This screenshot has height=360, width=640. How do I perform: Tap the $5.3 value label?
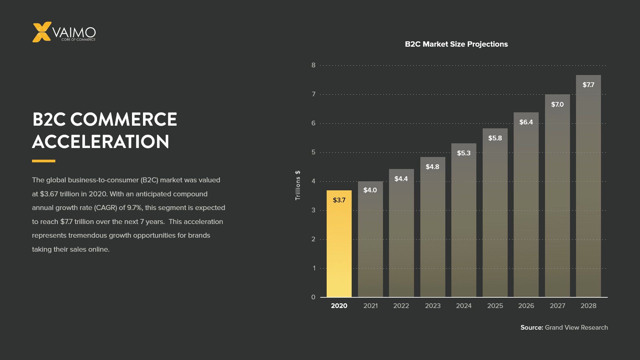point(464,153)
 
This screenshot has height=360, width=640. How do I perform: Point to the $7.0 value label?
point(557,105)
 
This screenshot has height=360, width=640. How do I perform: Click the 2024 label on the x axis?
point(464,306)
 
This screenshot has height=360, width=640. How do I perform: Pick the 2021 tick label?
point(370,306)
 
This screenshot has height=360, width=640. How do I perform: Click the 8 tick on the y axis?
point(313,65)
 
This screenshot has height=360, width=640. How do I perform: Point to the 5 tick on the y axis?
point(313,152)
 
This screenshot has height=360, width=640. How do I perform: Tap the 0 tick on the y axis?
point(313,297)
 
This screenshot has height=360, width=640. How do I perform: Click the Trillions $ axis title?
point(298,185)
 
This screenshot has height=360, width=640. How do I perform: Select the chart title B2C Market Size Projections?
point(456,44)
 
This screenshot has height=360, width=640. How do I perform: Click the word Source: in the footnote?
point(532,328)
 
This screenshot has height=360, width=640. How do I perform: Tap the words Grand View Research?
point(576,328)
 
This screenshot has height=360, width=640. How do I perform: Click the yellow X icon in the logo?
point(42,32)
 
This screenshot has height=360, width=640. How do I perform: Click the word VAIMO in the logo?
point(74,32)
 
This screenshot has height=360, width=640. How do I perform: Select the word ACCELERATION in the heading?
point(101,142)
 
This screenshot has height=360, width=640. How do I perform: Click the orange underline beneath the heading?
point(44,161)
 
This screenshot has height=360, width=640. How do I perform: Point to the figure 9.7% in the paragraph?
point(135,208)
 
